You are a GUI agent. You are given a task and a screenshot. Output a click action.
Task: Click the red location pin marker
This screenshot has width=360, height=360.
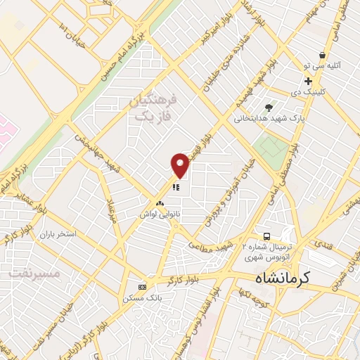(180, 165)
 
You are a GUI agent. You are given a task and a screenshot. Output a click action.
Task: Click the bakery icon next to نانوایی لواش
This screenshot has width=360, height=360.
(160, 203)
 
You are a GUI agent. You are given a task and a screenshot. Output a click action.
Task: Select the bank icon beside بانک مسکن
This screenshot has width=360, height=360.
(143, 287)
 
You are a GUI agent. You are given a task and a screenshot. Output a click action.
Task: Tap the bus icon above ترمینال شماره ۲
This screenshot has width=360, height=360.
(266, 236)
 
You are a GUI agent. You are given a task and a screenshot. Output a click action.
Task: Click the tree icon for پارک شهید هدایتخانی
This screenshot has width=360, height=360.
(269, 107)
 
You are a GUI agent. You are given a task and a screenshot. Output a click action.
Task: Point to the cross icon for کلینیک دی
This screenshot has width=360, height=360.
(308, 82)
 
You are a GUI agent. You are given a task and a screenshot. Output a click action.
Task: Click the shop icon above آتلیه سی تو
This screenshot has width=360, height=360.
(322, 55)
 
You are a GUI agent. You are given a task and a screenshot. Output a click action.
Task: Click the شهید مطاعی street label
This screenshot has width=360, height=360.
(214, 245)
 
